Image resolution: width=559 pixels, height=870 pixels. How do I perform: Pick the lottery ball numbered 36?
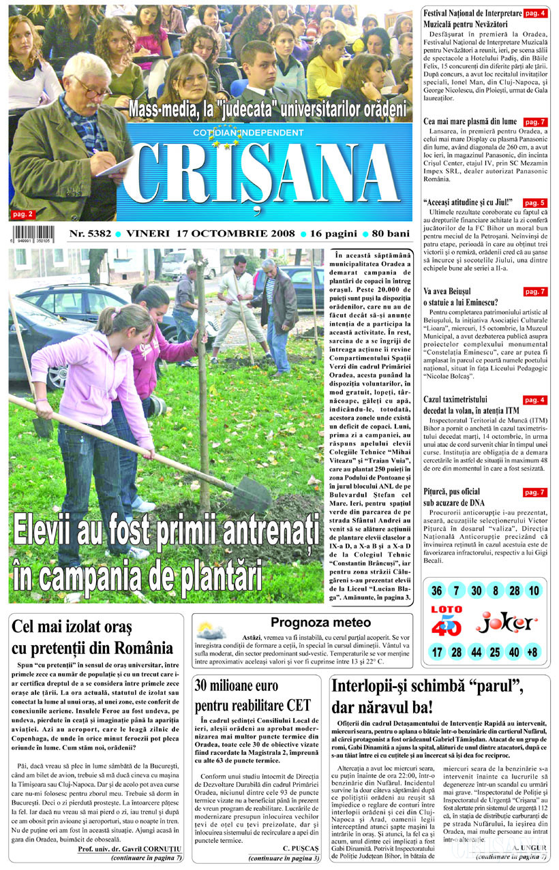click(x=437, y=591)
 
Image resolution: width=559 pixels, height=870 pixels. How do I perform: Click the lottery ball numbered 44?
click(x=476, y=652)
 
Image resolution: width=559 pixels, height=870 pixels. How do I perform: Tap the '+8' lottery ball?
click(x=533, y=652)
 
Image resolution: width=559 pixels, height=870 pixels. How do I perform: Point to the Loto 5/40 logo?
click(x=447, y=621)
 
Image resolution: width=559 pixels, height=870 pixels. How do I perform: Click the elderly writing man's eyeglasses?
click(x=91, y=87)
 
